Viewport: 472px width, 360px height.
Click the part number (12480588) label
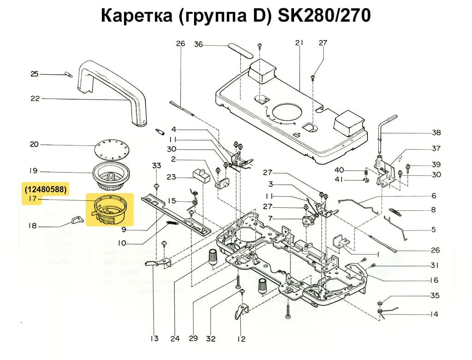[46, 189]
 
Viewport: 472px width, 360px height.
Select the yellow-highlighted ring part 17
[110, 210]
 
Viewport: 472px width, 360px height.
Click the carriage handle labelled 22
[112, 90]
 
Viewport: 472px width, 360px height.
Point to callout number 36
[198, 45]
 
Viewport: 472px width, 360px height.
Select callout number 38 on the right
[436, 133]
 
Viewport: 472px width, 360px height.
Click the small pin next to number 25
[68, 74]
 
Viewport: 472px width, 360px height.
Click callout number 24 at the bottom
[175, 339]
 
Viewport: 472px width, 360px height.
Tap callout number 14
[434, 314]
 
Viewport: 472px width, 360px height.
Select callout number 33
[157, 165]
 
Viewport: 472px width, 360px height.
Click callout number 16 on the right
[434, 280]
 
